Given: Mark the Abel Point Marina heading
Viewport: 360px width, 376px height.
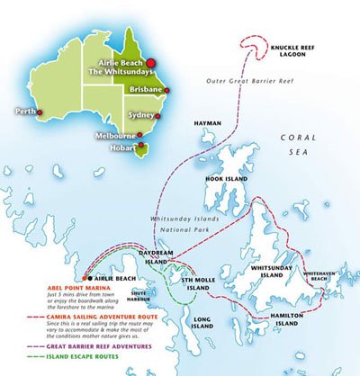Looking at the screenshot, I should pos(49,289).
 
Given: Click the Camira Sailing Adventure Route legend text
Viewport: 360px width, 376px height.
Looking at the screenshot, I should pos(71,320).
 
